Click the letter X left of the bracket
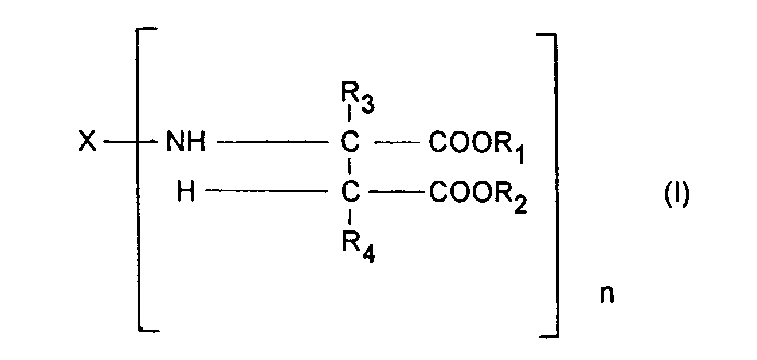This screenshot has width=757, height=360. pyautogui.click(x=87, y=143)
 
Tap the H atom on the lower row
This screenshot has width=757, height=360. pyautogui.click(x=186, y=193)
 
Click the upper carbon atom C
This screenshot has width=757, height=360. pyautogui.click(x=351, y=143)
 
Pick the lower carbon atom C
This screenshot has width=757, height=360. pyautogui.click(x=351, y=193)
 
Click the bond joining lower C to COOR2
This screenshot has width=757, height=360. pyautogui.click(x=397, y=193)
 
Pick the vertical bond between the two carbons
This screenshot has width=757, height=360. pyautogui.click(x=351, y=168)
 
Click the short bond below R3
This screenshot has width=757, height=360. pyautogui.click(x=350, y=122)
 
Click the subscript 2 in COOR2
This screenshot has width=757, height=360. pyautogui.click(x=519, y=206)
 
